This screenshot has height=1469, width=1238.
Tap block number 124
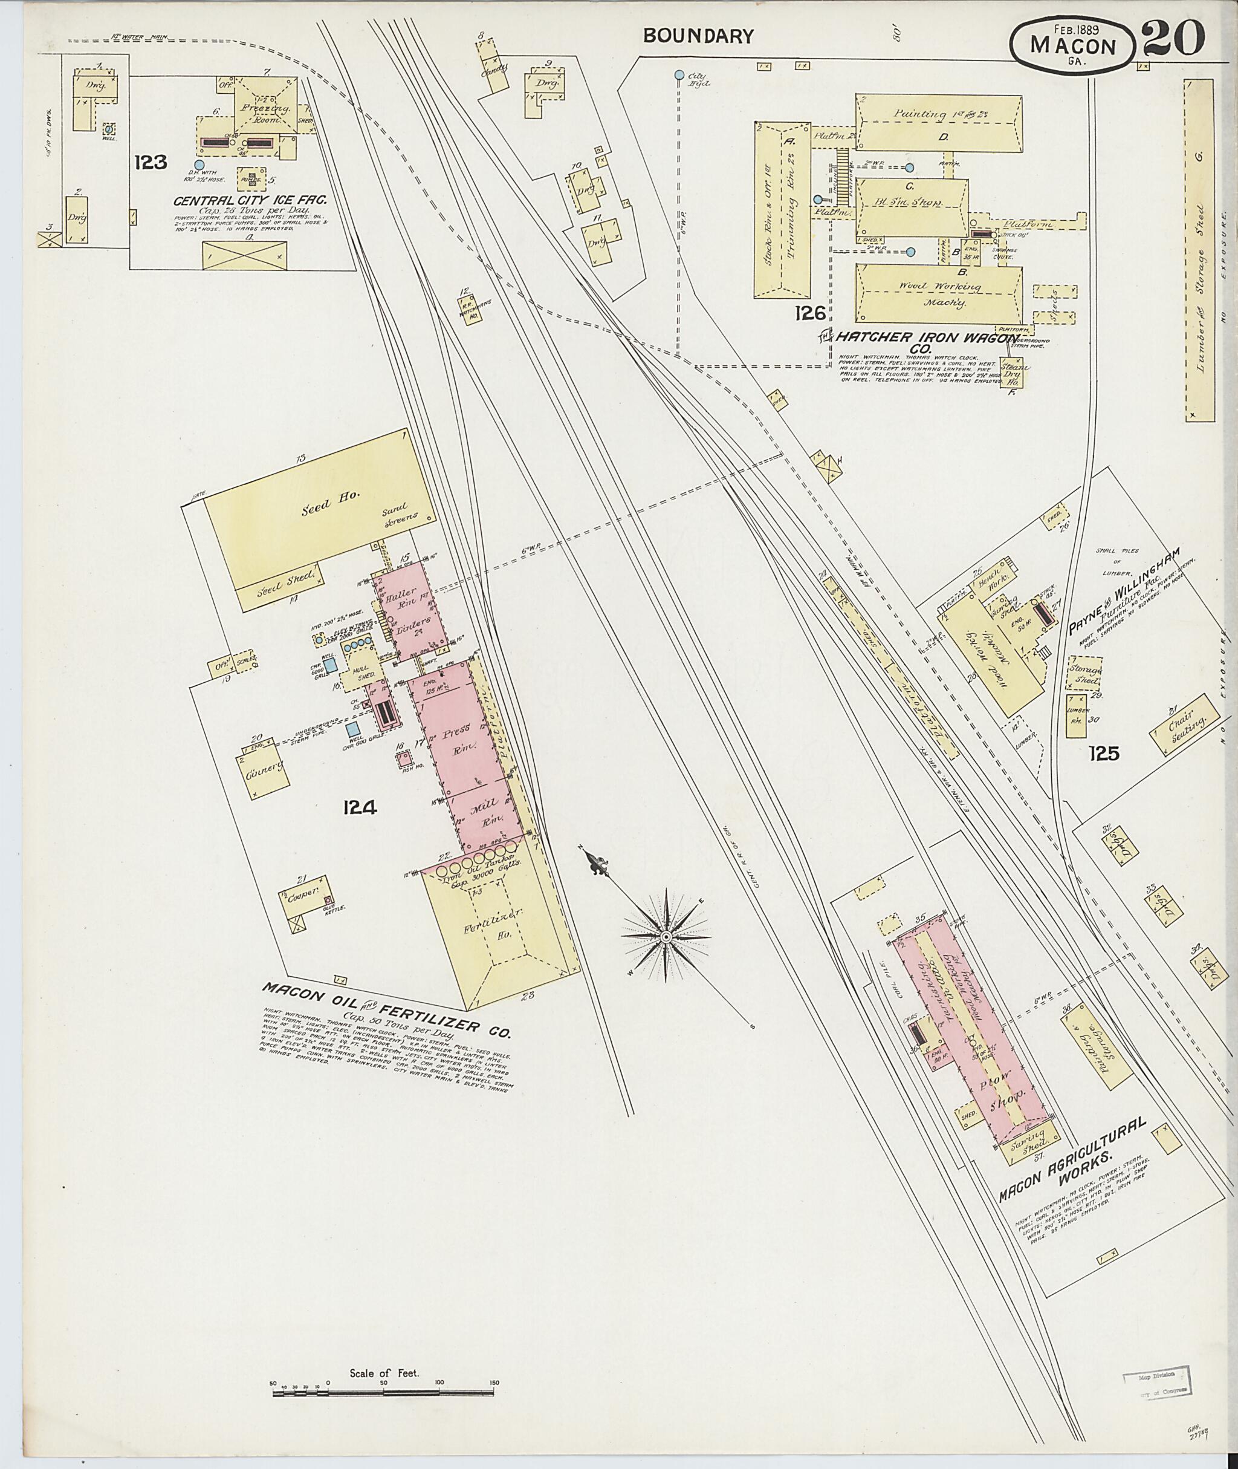coord(360,807)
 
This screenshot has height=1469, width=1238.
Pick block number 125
coord(1104,754)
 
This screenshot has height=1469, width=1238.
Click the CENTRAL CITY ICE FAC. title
coord(250,201)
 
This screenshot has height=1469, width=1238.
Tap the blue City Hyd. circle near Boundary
coord(679,74)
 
